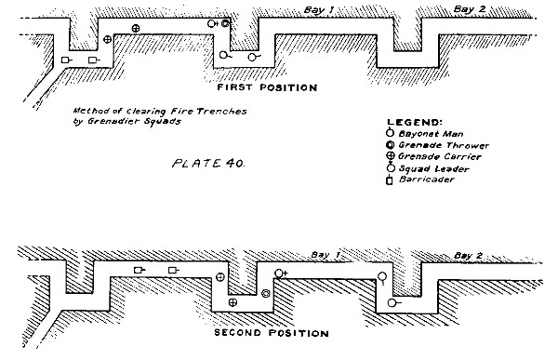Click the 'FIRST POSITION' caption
pos(267,87)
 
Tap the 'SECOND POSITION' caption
pos(272,333)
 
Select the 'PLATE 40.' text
pos(208,164)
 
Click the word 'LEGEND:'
pos(415,123)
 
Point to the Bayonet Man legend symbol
pos(390,133)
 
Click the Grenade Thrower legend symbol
pos(390,145)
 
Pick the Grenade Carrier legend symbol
pos(391,156)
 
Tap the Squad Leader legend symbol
pos(392,167)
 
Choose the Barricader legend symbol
pos(390,180)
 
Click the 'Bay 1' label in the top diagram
pos(319,10)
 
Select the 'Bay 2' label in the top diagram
pos(470,9)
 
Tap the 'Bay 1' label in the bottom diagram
pos(325,255)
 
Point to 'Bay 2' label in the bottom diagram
pos(469,255)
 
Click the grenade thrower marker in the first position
pos(225,23)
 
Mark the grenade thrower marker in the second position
pos(265,294)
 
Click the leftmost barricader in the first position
pos(67,60)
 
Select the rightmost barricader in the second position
pos(174,271)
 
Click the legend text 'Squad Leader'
pos(433,168)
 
